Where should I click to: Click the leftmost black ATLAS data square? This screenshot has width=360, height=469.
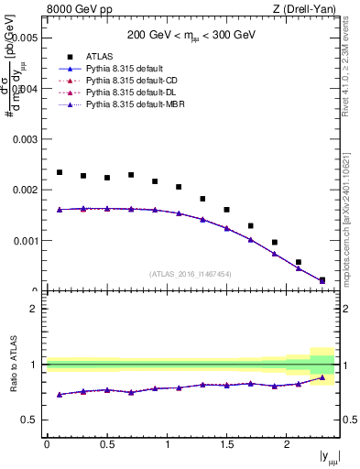click(60, 172)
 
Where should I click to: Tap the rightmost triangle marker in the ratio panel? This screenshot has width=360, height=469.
click(322, 377)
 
